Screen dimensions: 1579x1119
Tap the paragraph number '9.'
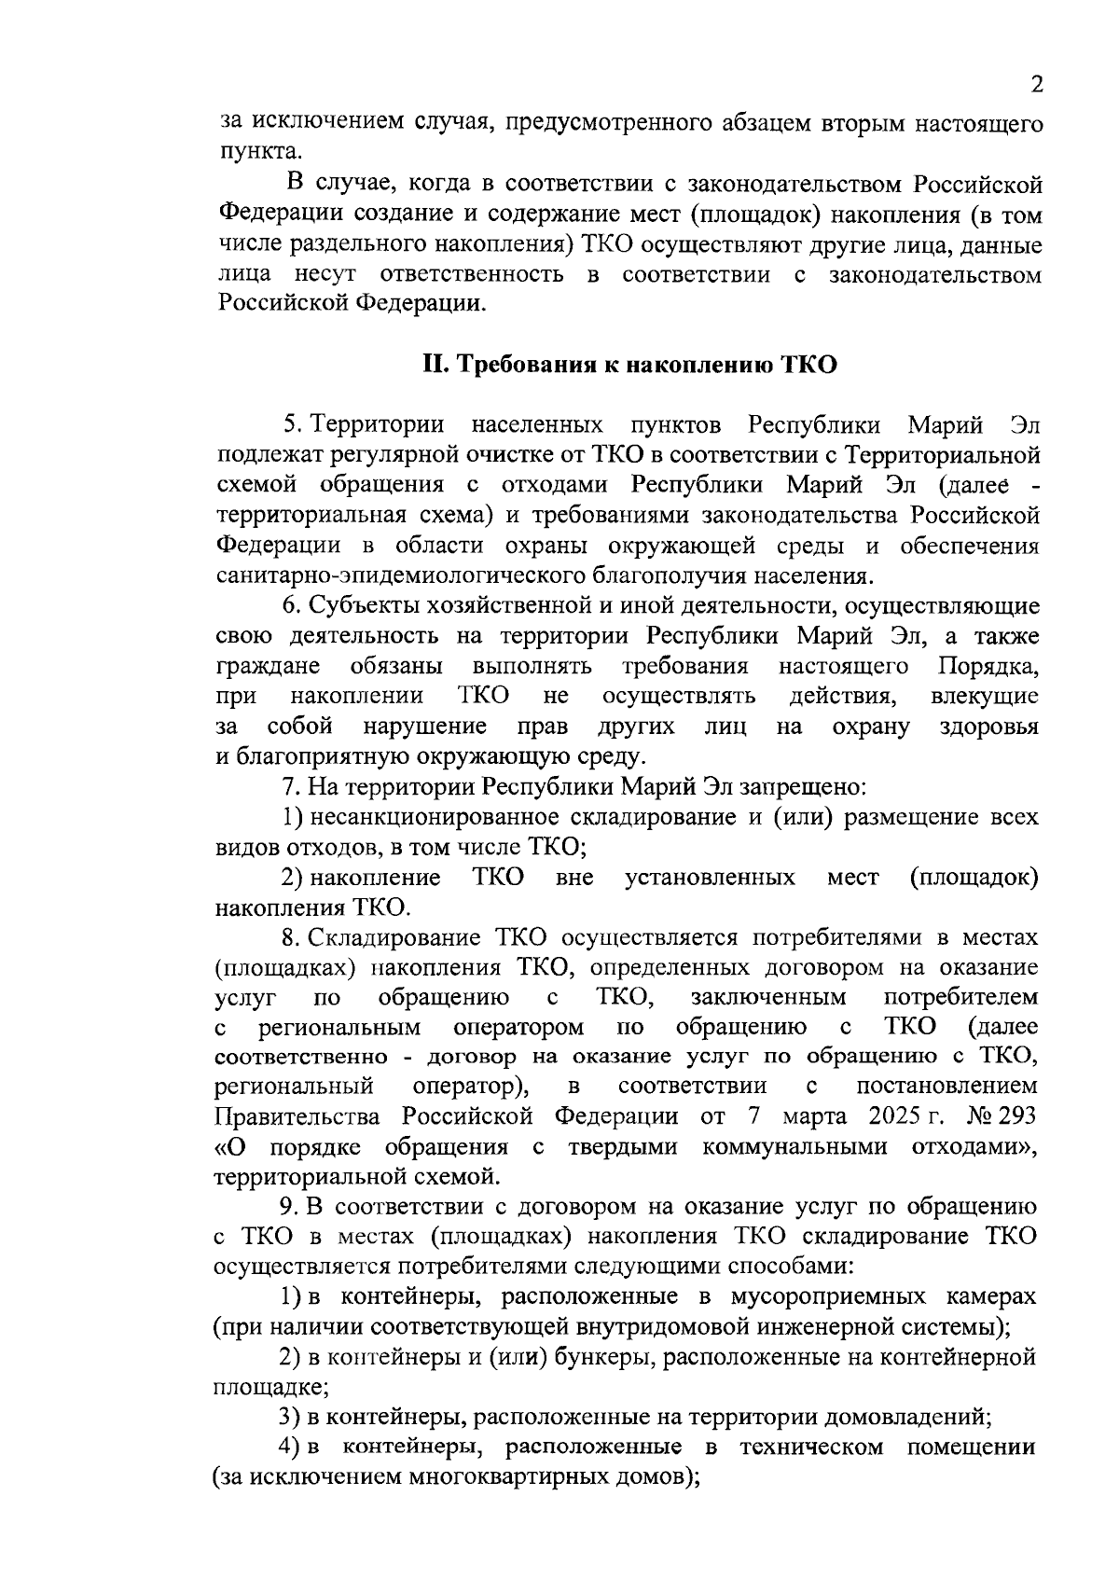click(x=291, y=1207)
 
